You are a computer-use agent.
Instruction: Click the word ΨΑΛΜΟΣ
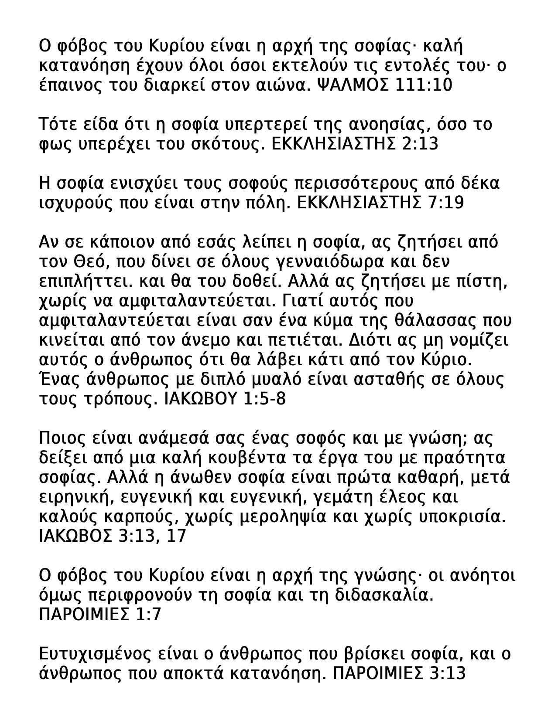pyautogui.click(x=351, y=85)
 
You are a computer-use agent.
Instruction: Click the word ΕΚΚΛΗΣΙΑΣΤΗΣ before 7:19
pyautogui.click(x=357, y=203)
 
